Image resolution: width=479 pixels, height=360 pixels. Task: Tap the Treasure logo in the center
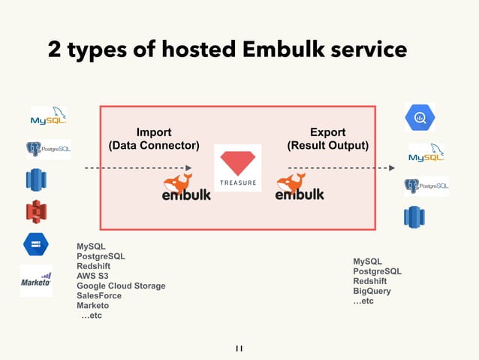point(237,167)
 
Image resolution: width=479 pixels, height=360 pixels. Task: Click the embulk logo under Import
point(186,187)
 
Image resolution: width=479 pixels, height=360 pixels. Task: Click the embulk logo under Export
point(300,187)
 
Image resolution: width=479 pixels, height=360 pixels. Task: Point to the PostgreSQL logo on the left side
point(48,149)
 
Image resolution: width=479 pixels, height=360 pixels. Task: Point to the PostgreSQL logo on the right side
point(426,186)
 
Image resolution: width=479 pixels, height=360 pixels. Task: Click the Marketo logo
point(35,280)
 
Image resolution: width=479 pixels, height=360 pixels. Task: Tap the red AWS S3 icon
point(35,213)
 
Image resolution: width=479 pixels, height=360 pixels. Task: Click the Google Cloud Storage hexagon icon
point(35,244)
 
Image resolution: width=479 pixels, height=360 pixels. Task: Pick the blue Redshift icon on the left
point(35,180)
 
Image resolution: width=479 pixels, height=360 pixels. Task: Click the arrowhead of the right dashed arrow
point(390,168)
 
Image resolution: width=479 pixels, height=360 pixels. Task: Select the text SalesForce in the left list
point(99,296)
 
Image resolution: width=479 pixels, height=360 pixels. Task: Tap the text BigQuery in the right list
point(372,291)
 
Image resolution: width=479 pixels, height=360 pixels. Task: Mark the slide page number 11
point(239,348)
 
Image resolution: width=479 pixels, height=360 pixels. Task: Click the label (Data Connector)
point(154,145)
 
